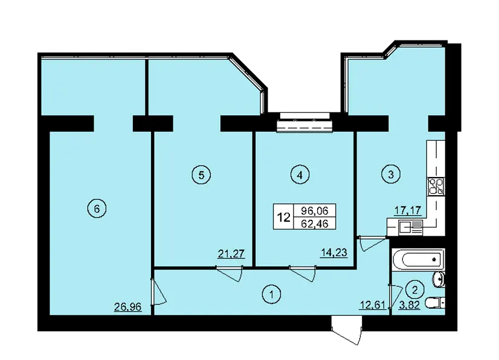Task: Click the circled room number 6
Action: [x=97, y=209]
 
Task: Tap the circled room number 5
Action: [x=201, y=175]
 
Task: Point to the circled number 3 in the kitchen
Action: [x=391, y=174]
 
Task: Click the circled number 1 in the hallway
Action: [x=271, y=294]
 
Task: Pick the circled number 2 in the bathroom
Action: [x=414, y=290]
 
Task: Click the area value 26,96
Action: [x=127, y=307]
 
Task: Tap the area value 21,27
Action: [x=231, y=254]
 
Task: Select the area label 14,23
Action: [x=333, y=252]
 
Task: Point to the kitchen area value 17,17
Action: [x=408, y=210]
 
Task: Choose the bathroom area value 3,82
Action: [x=410, y=305]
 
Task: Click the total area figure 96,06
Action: [x=314, y=210]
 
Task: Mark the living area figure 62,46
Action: [x=314, y=223]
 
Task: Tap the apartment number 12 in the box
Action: [x=283, y=217]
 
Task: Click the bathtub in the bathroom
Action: [x=419, y=259]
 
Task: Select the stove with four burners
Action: [x=436, y=186]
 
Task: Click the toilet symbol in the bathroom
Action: [x=434, y=303]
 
